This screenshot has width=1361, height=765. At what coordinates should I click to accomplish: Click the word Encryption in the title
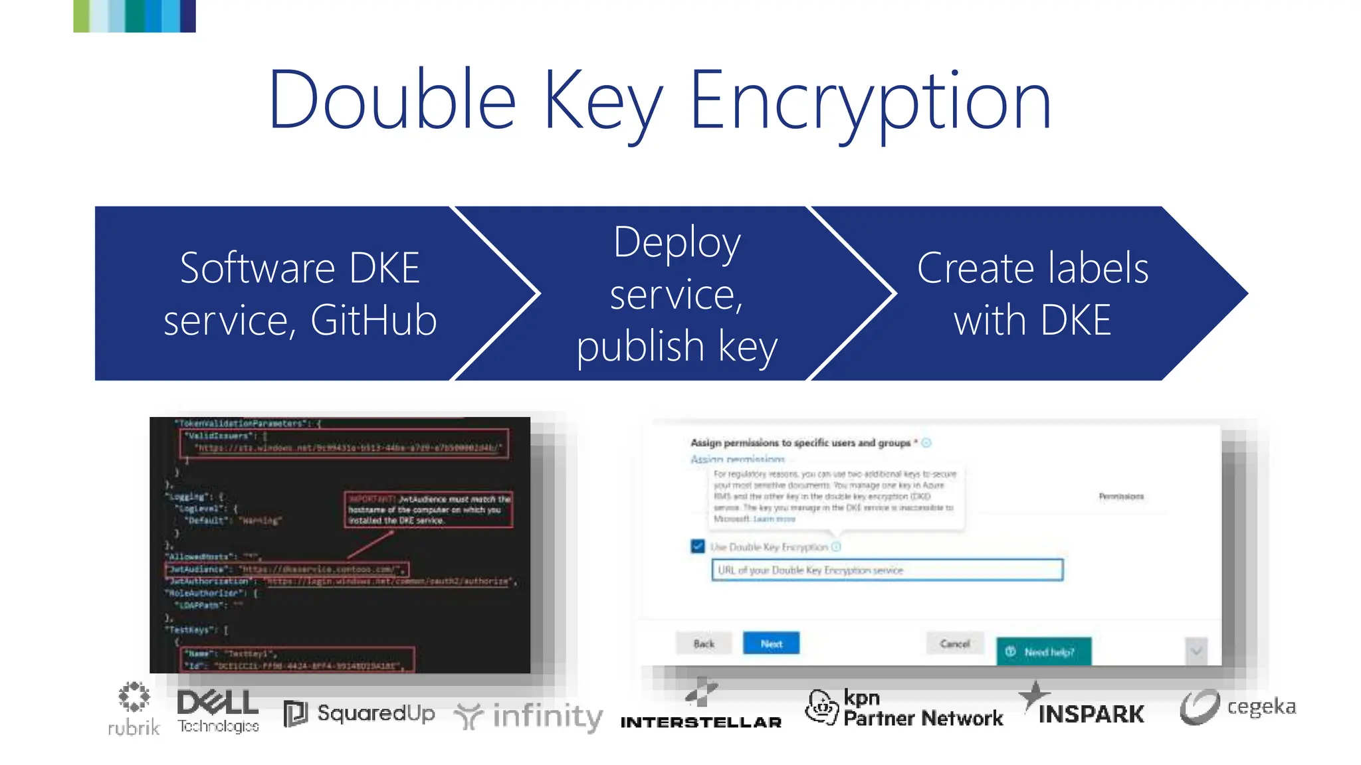click(x=871, y=101)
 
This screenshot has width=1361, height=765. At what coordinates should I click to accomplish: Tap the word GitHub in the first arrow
click(x=373, y=320)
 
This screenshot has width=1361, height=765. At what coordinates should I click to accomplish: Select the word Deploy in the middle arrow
click(x=677, y=242)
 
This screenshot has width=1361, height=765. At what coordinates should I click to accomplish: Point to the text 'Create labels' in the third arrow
click(x=1033, y=268)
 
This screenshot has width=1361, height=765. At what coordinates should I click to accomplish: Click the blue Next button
click(x=771, y=643)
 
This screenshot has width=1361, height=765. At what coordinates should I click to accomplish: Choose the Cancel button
click(x=955, y=643)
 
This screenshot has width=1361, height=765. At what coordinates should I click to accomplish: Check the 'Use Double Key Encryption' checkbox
click(x=698, y=547)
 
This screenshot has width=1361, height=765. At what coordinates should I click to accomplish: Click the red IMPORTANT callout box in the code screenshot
click(x=429, y=509)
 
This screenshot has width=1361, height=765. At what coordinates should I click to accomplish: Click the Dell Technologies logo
click(x=218, y=711)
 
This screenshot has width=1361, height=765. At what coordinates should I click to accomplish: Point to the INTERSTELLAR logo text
click(x=701, y=722)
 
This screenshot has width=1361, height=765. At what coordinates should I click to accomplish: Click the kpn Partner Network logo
click(x=904, y=709)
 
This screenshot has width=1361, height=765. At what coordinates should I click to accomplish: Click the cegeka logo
click(x=1238, y=707)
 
